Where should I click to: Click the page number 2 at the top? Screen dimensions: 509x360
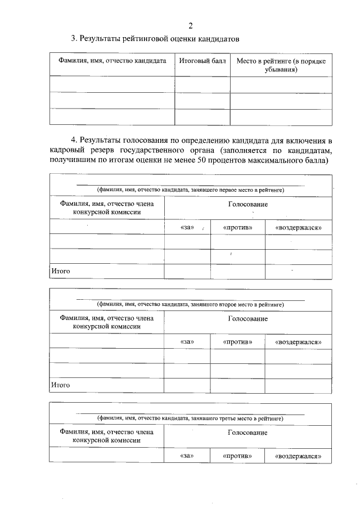tap(191, 25)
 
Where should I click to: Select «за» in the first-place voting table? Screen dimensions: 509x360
tap(187, 227)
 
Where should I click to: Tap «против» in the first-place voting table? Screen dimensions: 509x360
tap(237, 227)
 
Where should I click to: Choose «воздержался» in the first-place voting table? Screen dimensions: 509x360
tap(298, 227)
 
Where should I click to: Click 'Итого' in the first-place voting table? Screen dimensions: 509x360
tap(60, 271)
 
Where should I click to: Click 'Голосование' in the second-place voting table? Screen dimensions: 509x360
tap(247, 318)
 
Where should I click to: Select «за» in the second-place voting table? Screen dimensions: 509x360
tap(187, 341)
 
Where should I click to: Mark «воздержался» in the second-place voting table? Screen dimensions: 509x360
tap(298, 341)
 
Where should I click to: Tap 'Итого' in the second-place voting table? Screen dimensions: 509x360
tap(60, 385)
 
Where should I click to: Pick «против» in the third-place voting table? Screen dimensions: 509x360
tap(237, 456)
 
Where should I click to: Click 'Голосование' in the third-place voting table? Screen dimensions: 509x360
tap(247, 433)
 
